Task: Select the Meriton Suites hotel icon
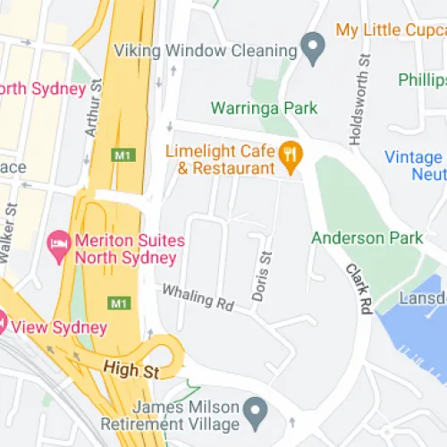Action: click(x=60, y=243)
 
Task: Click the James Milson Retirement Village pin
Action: click(x=257, y=413)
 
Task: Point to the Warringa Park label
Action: click(x=264, y=109)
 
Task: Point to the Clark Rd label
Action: click(x=360, y=288)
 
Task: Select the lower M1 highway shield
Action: click(x=120, y=304)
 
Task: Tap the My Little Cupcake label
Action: click(x=392, y=30)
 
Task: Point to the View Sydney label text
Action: click(x=59, y=326)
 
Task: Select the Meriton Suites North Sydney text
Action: click(x=125, y=249)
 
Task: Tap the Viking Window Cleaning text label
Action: click(x=206, y=50)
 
